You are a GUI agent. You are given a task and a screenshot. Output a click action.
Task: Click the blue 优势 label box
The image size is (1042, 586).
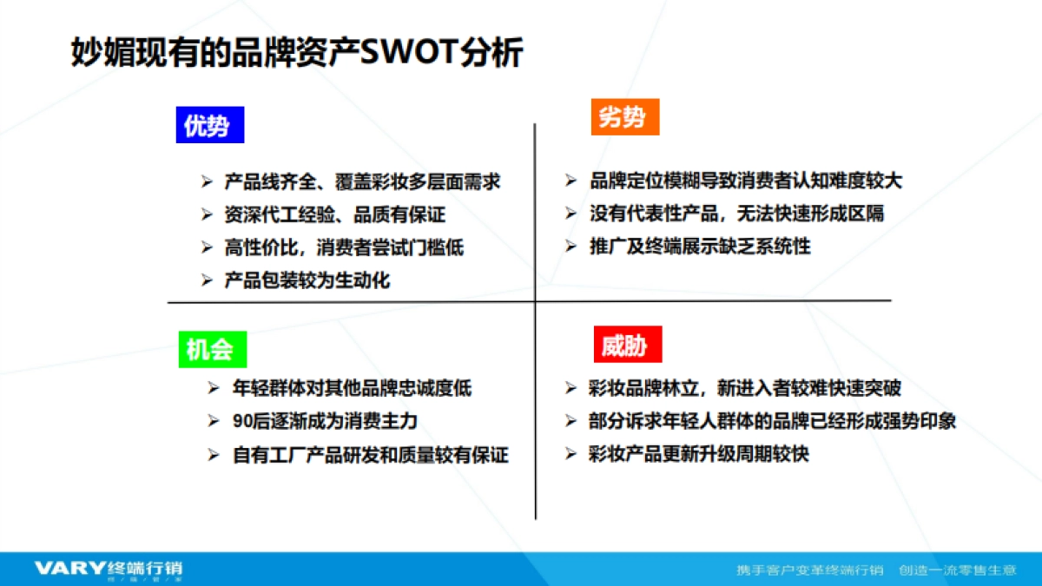210,125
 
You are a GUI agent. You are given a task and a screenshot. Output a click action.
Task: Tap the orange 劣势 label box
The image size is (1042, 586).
625,116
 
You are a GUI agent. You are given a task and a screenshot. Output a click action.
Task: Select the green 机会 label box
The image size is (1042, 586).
213,349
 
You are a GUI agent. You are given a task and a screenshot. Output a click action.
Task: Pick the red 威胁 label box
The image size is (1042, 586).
628,344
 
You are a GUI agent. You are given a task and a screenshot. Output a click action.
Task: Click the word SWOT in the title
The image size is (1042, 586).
409,51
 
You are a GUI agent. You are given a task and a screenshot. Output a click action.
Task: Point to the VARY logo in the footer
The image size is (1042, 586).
70,568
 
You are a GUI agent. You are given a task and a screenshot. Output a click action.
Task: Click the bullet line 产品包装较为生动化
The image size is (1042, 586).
307,280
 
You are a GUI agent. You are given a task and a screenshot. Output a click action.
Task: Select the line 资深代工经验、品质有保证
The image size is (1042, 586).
335,214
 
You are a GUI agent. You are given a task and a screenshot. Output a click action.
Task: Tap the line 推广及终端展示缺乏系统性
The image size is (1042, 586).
700,246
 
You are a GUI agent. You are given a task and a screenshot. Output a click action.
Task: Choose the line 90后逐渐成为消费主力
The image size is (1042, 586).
325,421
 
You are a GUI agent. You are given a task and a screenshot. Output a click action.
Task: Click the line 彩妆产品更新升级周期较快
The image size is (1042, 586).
699,454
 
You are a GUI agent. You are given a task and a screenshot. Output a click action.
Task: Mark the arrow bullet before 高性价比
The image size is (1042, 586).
207,247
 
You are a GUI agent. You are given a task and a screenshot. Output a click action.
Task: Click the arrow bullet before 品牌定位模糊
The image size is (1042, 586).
570,181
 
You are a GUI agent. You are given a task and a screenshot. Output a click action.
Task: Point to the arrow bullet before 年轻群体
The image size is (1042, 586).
213,388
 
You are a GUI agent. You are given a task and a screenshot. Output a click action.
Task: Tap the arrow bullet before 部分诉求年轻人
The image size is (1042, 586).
570,421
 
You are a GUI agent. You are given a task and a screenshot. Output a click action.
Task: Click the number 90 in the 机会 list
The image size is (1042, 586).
242,421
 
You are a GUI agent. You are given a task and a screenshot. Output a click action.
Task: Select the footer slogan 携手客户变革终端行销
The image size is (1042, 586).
810,570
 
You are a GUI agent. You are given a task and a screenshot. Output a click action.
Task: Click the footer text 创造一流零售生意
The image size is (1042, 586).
958,570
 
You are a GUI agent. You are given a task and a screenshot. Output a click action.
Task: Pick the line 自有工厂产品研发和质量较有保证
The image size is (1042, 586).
370,455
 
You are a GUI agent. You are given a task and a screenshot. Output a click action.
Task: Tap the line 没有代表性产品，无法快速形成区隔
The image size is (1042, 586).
737,214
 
